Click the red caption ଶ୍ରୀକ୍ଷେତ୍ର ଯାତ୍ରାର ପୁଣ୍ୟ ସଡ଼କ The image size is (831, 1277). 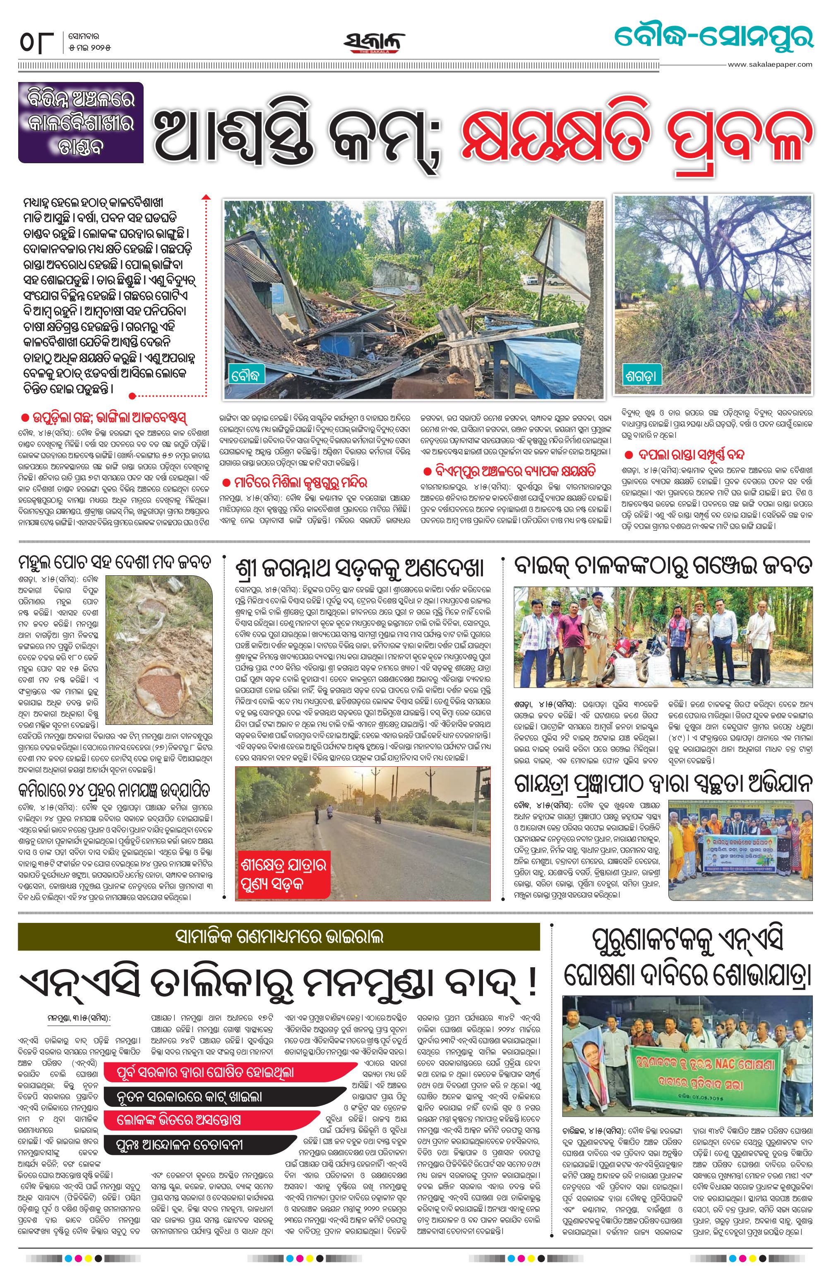point(283,874)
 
